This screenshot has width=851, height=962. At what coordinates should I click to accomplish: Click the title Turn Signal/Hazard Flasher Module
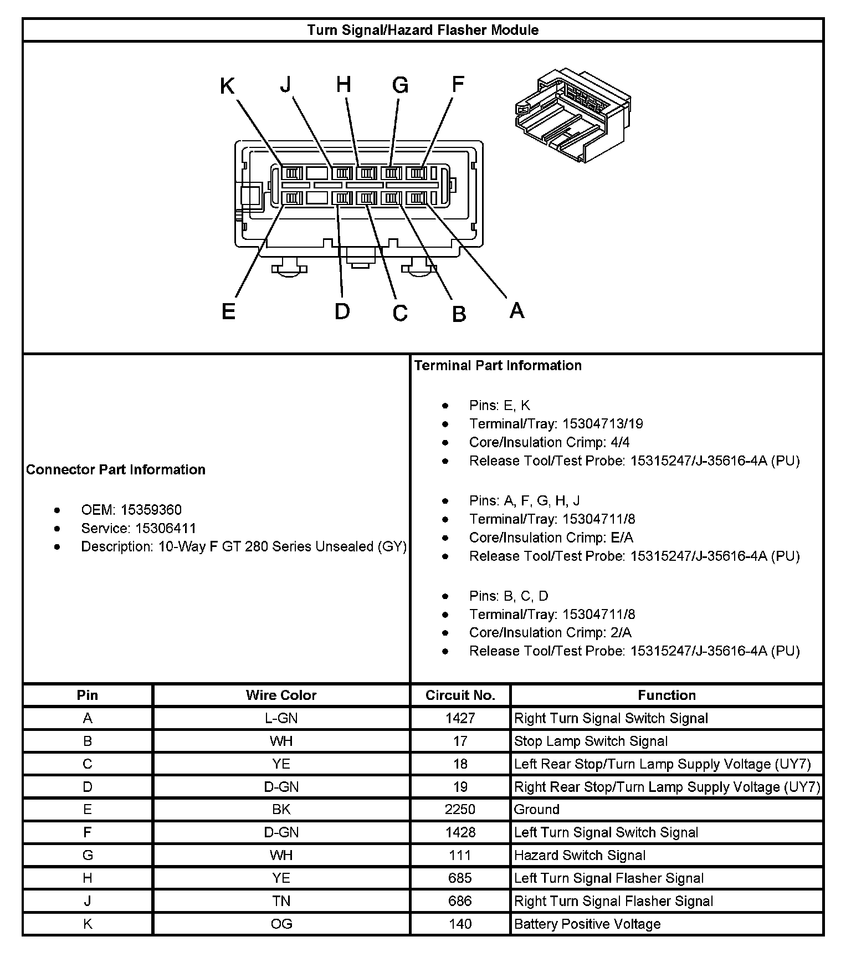(423, 30)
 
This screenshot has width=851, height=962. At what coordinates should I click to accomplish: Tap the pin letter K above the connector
(227, 86)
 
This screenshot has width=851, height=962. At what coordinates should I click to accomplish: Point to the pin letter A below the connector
(516, 310)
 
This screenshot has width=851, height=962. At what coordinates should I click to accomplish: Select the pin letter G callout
(400, 85)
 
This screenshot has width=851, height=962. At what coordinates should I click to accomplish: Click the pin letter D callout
(342, 311)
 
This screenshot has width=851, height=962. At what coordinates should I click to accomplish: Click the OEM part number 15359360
(151, 510)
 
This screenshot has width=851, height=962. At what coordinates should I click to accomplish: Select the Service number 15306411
(166, 528)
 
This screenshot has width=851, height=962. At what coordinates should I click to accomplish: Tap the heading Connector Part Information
(116, 469)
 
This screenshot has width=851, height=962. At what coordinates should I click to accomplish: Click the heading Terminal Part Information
(498, 365)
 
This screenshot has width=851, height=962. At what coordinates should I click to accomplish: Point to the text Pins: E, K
(499, 406)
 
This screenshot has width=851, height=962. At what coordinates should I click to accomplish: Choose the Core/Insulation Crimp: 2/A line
(550, 632)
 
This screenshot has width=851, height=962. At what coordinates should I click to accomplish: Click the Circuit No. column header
(460, 695)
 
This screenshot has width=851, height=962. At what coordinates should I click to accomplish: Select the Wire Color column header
(281, 695)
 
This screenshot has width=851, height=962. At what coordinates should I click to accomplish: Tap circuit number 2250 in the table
(460, 810)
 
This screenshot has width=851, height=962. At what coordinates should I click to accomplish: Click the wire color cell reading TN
(281, 901)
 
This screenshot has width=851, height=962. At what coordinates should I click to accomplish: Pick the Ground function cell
(537, 810)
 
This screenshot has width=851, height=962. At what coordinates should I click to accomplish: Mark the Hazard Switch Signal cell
(580, 855)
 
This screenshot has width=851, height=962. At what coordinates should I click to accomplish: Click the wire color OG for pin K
(281, 924)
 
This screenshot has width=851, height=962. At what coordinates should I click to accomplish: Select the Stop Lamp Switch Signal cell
(591, 741)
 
